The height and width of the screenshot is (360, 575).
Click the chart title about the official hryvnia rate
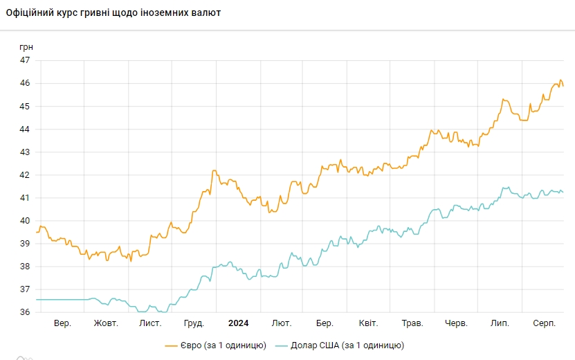[x=113, y=13]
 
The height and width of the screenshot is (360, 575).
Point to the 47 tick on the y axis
[x=25, y=60]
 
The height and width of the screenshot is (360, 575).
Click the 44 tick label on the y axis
[x=25, y=129]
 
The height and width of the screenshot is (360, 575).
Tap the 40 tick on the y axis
[x=25, y=221]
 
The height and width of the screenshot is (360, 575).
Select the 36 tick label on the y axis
[x=25, y=312]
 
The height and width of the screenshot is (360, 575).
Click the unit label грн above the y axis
[x=26, y=46]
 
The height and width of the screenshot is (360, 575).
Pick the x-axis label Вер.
[x=62, y=323]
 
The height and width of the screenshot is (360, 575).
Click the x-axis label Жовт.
[x=106, y=323]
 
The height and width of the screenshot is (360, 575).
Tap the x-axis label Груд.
[x=194, y=323]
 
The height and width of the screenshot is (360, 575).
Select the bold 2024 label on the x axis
[x=238, y=323]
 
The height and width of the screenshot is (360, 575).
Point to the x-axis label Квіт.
[x=368, y=323]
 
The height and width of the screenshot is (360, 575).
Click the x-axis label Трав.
[x=412, y=323]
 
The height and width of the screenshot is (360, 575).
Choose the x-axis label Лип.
[x=500, y=323]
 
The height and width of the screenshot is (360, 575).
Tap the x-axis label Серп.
[x=545, y=323]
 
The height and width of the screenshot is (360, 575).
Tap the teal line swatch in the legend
[x=281, y=345]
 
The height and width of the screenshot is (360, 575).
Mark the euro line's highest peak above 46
[x=560, y=80]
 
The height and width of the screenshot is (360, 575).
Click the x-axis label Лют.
[x=282, y=323]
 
